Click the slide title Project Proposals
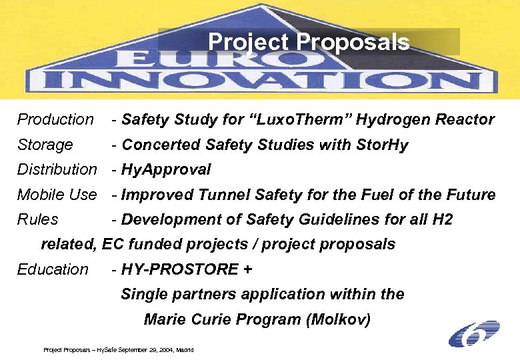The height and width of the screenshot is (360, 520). click(309, 42)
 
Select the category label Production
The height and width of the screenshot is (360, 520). click(55, 120)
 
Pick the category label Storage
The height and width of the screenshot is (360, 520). click(45, 145)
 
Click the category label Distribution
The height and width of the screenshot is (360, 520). click(57, 170)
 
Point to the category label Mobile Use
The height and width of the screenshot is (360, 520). click(57, 195)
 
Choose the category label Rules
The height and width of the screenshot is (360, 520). click(37, 219)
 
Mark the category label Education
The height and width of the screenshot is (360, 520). click(53, 269)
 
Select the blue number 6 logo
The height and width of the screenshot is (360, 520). click(474, 333)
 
